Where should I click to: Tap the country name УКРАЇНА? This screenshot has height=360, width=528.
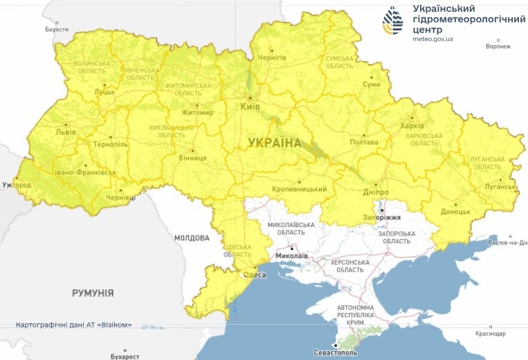[275, 143]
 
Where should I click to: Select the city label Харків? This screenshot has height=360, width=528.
[412, 126]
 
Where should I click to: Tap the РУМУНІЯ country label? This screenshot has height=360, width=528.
[93, 293]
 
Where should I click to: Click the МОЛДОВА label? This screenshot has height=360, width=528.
[192, 237]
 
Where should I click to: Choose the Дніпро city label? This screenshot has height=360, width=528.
[375, 192]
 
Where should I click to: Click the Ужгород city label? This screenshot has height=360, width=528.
[17, 186]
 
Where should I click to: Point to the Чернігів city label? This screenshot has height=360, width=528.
[271, 57]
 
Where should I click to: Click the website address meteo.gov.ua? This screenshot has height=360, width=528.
[433, 39]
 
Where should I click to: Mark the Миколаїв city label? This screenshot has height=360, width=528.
[291, 255]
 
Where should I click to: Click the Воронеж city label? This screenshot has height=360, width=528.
[498, 46]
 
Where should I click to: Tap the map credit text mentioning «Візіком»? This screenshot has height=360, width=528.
[73, 325]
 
